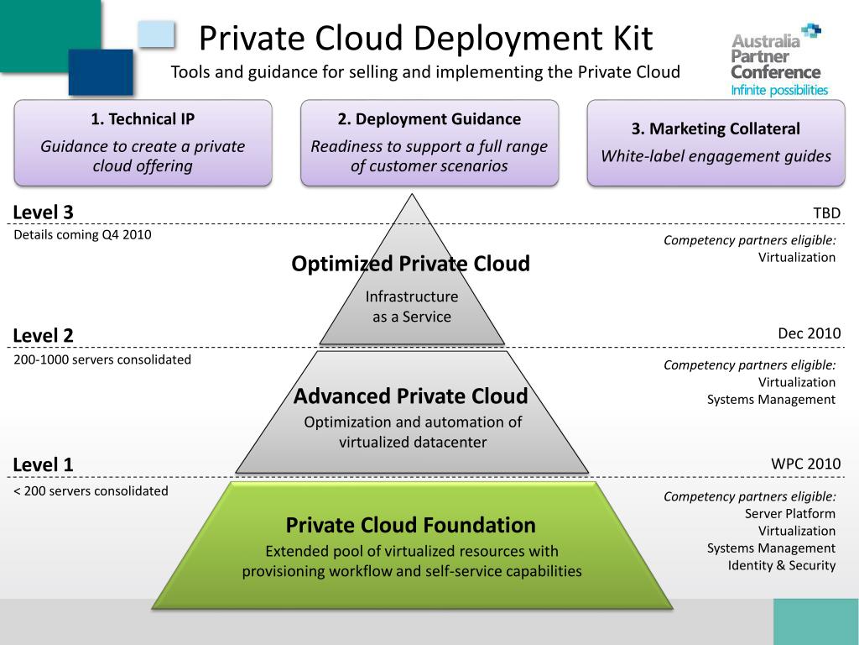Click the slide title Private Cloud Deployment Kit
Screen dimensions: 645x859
pyautogui.click(x=425, y=39)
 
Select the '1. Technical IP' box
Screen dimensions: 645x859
pyautogui.click(x=143, y=143)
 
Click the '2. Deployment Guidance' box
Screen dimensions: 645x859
pyautogui.click(x=429, y=143)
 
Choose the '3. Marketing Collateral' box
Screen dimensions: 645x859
pyautogui.click(x=716, y=143)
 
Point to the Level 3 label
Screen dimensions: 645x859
pyautogui.click(x=44, y=212)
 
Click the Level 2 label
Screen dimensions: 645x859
pyautogui.click(x=44, y=335)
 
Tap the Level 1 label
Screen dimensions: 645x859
pyautogui.click(x=44, y=464)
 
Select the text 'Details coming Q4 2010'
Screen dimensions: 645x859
pyautogui.click(x=82, y=235)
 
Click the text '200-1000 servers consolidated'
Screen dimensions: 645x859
pyautogui.click(x=102, y=359)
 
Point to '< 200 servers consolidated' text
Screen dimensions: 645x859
pyautogui.click(x=91, y=490)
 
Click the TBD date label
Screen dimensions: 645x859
pyautogui.click(x=826, y=213)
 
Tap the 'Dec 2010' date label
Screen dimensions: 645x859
pyautogui.click(x=809, y=333)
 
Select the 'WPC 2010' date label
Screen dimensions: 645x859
pyautogui.click(x=805, y=464)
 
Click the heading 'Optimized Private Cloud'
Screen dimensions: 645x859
pyautogui.click(x=410, y=264)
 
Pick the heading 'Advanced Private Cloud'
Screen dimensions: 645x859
pyautogui.click(x=410, y=396)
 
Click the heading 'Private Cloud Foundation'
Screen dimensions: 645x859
pyautogui.click(x=410, y=525)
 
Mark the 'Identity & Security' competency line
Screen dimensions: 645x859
pyautogui.click(x=781, y=565)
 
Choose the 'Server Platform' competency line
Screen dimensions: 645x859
pyautogui.click(x=789, y=513)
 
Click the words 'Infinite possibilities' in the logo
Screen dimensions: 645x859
pyautogui.click(x=779, y=90)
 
